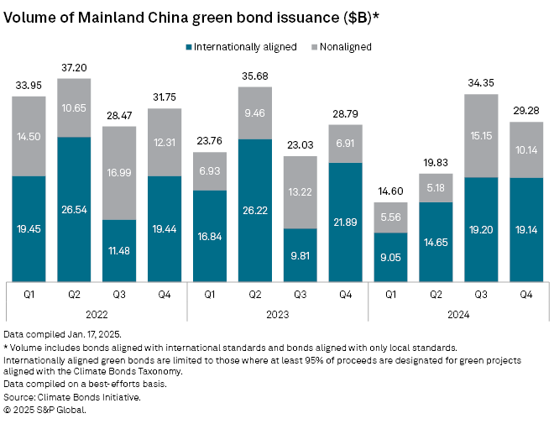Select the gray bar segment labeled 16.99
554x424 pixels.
coord(119,173)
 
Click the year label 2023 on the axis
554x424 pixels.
coord(278,314)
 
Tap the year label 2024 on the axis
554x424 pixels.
coord(458,314)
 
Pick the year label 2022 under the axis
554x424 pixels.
coord(97,314)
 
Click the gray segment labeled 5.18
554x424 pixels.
coord(436,187)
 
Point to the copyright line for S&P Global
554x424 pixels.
coord(44,410)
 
